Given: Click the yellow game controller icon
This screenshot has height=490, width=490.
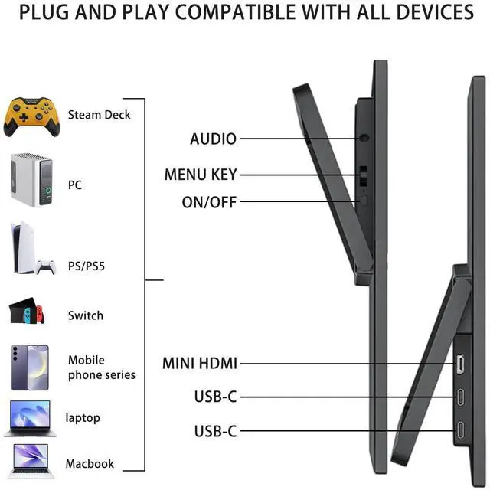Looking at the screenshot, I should (x=31, y=116).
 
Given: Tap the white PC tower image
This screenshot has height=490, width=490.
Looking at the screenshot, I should (x=31, y=179).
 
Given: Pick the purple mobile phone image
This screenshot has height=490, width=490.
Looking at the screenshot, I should (x=30, y=367).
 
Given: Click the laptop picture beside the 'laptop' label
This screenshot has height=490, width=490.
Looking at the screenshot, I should (x=30, y=418).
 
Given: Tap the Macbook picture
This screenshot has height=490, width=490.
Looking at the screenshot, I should (x=30, y=461).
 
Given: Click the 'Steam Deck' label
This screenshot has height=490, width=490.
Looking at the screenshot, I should (x=99, y=115).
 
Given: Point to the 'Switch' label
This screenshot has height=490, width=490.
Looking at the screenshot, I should (x=85, y=315).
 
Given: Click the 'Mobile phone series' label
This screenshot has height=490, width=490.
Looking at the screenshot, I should (x=101, y=367).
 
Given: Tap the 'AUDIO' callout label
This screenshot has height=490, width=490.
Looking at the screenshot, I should (x=213, y=139).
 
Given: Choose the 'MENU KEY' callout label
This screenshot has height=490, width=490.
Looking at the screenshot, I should (x=201, y=175).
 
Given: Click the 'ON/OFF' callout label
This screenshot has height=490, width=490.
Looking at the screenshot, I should (x=209, y=202).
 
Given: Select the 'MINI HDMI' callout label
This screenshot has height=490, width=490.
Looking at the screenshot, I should (x=200, y=364).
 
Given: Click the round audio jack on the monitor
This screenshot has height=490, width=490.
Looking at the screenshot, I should (x=364, y=139).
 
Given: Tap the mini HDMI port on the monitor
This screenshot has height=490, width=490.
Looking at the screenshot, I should (x=461, y=364).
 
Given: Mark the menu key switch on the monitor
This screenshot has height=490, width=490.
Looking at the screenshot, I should (x=364, y=175).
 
